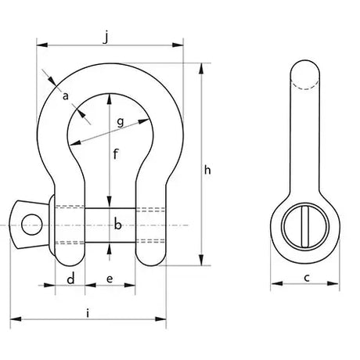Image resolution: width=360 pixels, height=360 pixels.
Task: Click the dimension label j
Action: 106,38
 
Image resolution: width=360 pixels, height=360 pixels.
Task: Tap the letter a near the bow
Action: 66,96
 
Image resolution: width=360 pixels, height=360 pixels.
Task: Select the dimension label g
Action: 121,122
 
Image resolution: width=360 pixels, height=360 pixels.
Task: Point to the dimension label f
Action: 116,153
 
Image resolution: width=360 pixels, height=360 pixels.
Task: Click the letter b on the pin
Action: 117,225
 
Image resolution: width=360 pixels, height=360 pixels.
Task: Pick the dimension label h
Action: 207,170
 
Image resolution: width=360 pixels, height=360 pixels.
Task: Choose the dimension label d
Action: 70,279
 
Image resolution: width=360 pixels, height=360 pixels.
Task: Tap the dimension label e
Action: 110,279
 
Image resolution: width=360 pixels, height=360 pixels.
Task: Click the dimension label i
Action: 88,313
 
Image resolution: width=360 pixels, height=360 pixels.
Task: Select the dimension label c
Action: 307,278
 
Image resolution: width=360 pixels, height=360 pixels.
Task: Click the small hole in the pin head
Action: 32,225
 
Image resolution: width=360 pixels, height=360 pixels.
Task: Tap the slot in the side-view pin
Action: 304,226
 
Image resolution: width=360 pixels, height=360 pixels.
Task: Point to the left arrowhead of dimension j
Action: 42,45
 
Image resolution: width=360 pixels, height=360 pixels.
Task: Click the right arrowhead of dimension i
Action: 160,319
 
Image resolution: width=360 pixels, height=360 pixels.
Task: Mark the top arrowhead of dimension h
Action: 201,69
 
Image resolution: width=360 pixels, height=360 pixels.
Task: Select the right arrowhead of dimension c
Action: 333,283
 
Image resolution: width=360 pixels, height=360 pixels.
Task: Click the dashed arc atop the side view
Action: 304,87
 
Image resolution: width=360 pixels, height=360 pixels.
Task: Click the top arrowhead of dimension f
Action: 110,99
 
